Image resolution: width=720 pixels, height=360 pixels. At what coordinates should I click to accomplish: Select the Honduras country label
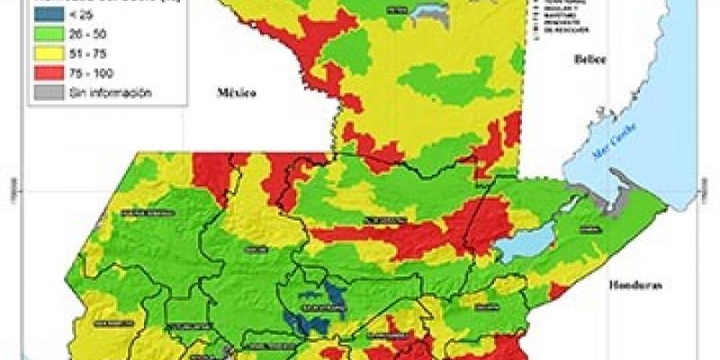click(x=635, y=285)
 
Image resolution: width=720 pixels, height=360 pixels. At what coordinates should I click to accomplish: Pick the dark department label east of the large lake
click(x=590, y=231)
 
